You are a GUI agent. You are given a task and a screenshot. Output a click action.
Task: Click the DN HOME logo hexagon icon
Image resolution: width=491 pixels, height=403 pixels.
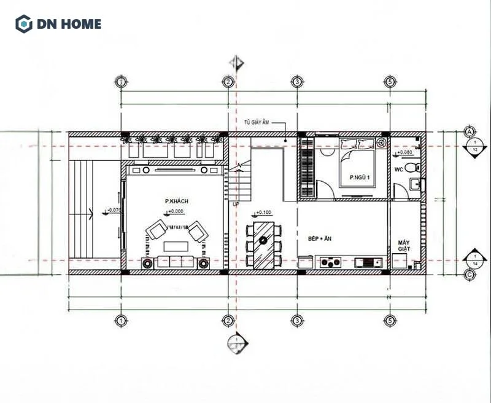pyautogui.click(x=23, y=25)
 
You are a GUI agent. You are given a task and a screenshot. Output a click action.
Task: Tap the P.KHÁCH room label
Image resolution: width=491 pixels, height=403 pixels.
pyautogui.click(x=176, y=201)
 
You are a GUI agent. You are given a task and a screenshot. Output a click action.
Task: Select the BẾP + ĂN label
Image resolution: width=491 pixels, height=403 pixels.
pyautogui.click(x=320, y=238)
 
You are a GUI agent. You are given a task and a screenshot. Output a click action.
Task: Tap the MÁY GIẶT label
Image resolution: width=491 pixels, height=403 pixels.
pyautogui.click(x=404, y=245)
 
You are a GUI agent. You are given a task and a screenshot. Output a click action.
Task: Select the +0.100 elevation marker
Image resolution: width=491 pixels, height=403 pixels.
pyautogui.click(x=263, y=213)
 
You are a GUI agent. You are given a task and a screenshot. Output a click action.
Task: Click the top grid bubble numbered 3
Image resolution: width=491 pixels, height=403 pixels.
pyautogui.click(x=296, y=82)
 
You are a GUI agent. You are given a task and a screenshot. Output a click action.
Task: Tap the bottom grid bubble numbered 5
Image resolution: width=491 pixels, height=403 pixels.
pyautogui.click(x=389, y=321)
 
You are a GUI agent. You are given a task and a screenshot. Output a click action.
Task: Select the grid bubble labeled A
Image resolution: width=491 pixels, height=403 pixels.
pyautogui.click(x=470, y=132)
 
